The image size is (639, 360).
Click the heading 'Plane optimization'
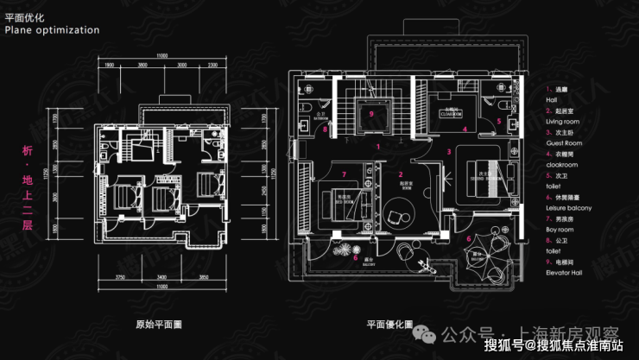(x=52, y=29)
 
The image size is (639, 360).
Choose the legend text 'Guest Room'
(x=565, y=143)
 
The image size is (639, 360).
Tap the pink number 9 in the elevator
(x=370, y=113)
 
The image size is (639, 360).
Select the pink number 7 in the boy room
(x=343, y=174)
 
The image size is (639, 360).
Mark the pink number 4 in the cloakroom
(x=465, y=129)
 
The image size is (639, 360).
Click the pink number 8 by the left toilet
(x=325, y=130)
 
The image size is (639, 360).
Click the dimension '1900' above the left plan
(x=110, y=65)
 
